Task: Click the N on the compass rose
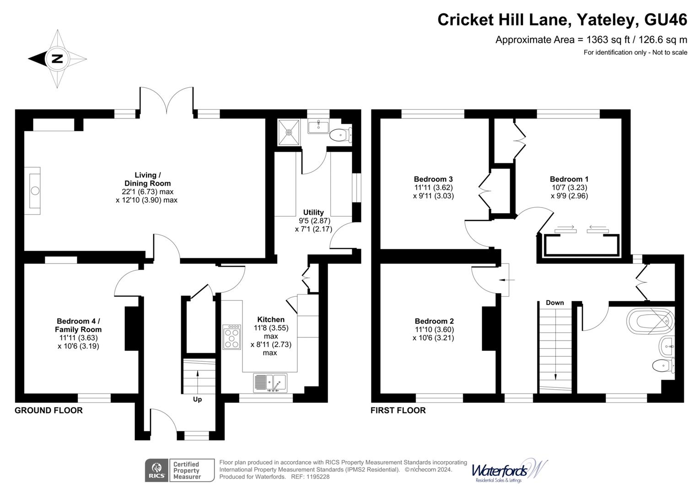(57, 59)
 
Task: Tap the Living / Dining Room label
(147, 179)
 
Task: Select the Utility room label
(313, 212)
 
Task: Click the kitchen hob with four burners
(231, 337)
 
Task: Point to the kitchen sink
(270, 382)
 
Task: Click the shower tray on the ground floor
(289, 132)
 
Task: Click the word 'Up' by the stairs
(197, 399)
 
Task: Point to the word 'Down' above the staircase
(554, 303)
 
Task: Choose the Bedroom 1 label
(569, 179)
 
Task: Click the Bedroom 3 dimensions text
(433, 192)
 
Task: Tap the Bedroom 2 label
(434, 321)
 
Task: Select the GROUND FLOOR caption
(48, 410)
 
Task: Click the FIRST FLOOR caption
(398, 410)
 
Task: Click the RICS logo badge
(156, 470)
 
